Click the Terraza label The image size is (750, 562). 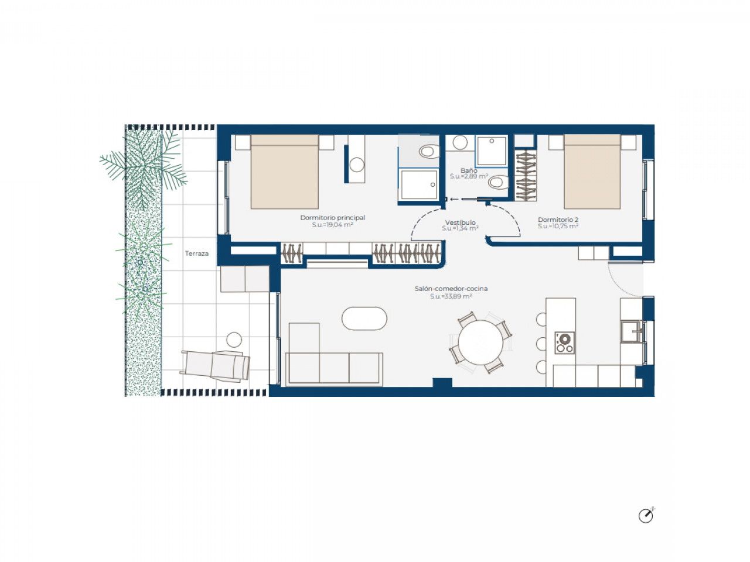[x=196, y=253]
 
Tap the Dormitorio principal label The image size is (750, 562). [x=332, y=218]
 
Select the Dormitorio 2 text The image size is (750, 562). [x=558, y=220]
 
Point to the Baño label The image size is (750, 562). [x=469, y=170]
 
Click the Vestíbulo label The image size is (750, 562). [x=460, y=222]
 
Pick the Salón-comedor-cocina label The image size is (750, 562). [x=451, y=289]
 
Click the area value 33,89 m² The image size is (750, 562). [x=451, y=297]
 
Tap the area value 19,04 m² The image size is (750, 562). [x=332, y=225]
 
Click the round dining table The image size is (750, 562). [x=480, y=342]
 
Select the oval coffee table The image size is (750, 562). [x=364, y=318]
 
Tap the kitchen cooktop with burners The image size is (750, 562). [x=564, y=342]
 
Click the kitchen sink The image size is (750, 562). [x=632, y=331]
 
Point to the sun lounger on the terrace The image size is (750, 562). [x=216, y=365]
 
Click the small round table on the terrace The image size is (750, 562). [x=234, y=340]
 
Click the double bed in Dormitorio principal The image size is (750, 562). [x=285, y=172]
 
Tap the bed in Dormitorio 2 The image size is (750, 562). [x=592, y=172]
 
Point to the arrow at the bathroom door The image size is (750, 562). [x=455, y=199]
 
